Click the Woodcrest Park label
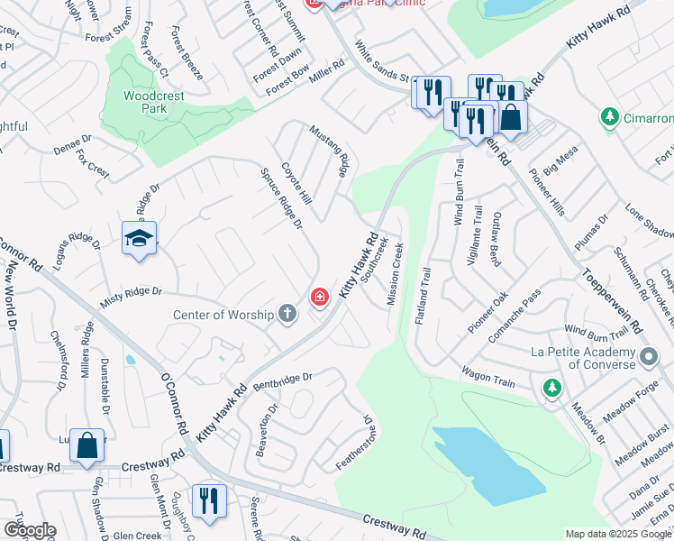(x=146, y=101)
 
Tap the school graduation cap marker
(x=139, y=239)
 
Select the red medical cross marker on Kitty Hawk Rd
(x=319, y=296)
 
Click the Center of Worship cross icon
(x=287, y=315)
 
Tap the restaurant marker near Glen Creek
(x=209, y=500)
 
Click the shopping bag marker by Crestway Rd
(x=87, y=446)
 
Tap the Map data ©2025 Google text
(x=617, y=534)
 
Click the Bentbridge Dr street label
(x=281, y=383)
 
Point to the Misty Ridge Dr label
(x=131, y=292)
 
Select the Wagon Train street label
(x=488, y=376)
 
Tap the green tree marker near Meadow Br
(x=551, y=389)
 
